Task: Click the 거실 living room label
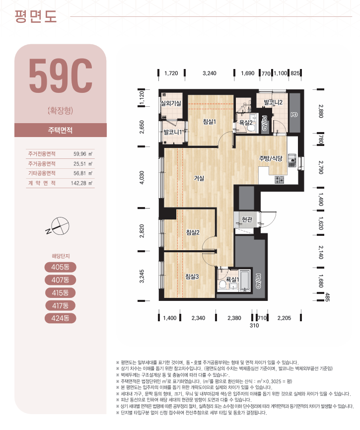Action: pos(199,178)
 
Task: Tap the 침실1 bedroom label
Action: pos(210,122)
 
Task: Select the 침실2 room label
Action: pos(193,232)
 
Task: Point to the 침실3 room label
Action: pos(192,277)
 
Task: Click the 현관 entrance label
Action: pos(247,219)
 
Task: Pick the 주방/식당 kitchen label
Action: pos(271,158)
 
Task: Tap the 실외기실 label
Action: pos(170,103)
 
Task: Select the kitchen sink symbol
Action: pos(292,160)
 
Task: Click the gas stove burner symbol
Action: pos(279,180)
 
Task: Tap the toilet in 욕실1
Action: pos(222,285)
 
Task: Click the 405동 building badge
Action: pos(60,267)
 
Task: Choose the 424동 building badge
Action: pos(60,318)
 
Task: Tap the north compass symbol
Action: pos(59,226)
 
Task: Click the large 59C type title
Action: pos(61,75)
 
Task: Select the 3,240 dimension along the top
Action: pos(210,73)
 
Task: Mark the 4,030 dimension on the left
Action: pos(142,177)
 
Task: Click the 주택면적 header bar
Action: pos(60,130)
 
